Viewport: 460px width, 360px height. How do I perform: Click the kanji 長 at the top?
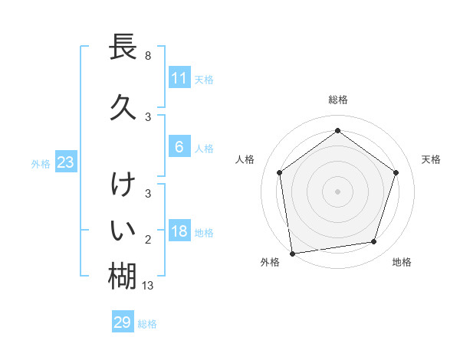tap(123, 47)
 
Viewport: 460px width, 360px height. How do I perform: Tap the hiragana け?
tap(123, 185)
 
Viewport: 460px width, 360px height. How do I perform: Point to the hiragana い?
tap(123, 230)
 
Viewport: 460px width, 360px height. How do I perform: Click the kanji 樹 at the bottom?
tap(123, 275)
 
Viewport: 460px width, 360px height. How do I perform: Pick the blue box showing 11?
tap(179, 78)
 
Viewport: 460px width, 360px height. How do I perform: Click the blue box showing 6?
tap(179, 147)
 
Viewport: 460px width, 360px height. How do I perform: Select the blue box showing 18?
tap(179, 231)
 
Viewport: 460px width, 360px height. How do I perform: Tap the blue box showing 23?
tap(65, 162)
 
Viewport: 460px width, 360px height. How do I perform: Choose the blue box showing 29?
tap(123, 322)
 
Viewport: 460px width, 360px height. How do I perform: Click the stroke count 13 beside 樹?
tap(148, 286)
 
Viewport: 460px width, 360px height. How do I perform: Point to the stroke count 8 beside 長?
tap(147, 56)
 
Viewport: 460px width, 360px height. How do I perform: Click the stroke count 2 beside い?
tap(147, 241)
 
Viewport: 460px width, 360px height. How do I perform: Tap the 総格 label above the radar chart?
tap(337, 100)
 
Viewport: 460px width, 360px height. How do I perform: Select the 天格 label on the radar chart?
tap(431, 159)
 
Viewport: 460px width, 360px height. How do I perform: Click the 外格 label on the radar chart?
tap(270, 262)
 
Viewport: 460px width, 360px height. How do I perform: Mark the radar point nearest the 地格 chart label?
tap(373, 242)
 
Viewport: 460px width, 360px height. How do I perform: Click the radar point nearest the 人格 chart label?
tap(280, 172)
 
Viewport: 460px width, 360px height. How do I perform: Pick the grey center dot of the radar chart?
tap(337, 191)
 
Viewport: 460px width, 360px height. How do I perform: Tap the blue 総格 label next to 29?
tap(147, 324)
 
